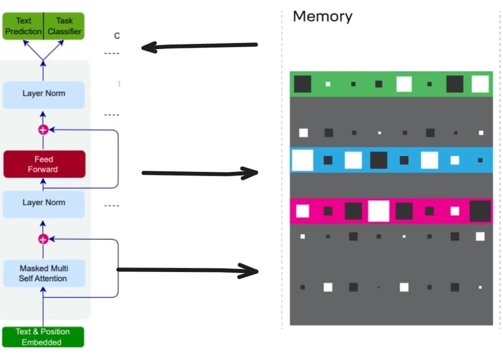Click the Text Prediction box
tap(23, 26)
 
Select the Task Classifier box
tap(64, 26)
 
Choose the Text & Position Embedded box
tap(42, 337)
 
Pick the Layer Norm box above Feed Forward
tap(43, 94)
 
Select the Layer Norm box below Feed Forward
tap(43, 203)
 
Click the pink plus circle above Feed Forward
tap(43, 130)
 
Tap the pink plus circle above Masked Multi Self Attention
tap(43, 239)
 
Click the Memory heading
tap(323, 16)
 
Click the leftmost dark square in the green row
tap(302, 84)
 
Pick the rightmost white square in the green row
tap(480, 84)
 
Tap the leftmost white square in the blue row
tap(302, 160)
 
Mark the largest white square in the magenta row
tap(379, 211)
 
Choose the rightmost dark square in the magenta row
tap(480, 211)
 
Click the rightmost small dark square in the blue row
tap(480, 160)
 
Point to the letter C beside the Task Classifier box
tap(116, 36)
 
